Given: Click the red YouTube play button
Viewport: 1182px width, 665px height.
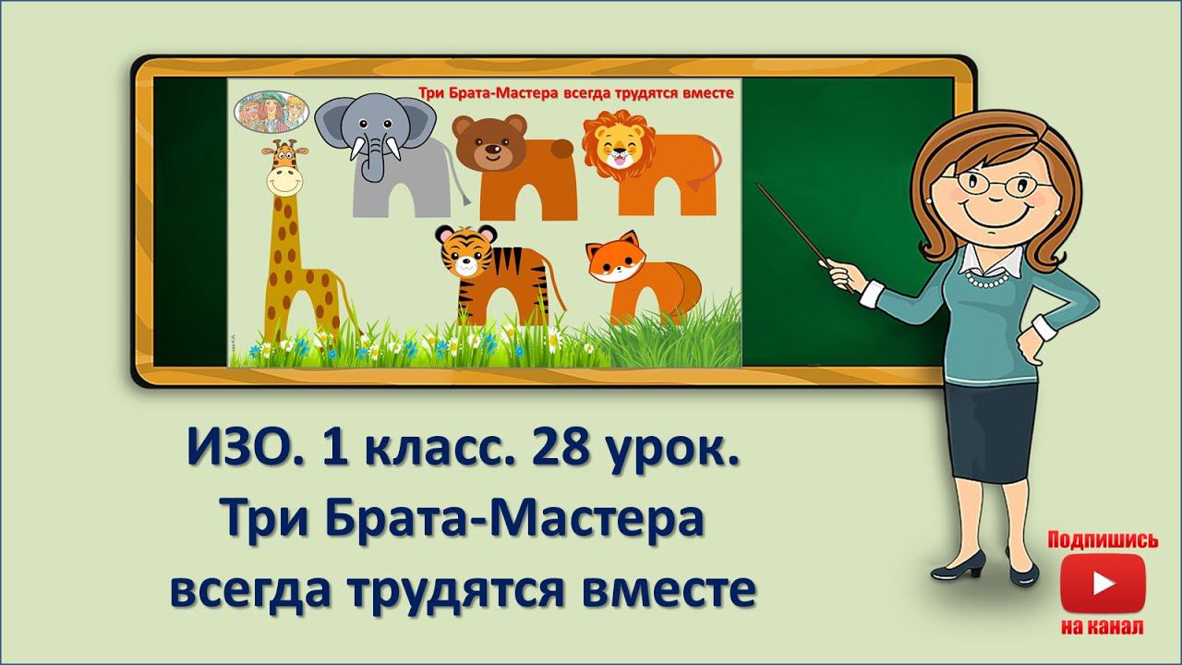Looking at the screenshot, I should click(x=1103, y=583).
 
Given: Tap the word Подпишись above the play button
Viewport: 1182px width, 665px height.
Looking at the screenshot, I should click(x=1103, y=540).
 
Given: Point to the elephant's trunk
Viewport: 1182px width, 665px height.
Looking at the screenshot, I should click(x=372, y=162).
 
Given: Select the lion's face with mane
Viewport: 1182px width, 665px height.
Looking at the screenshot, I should click(x=615, y=145).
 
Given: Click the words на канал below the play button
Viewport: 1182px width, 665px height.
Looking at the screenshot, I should click(x=1103, y=627).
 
